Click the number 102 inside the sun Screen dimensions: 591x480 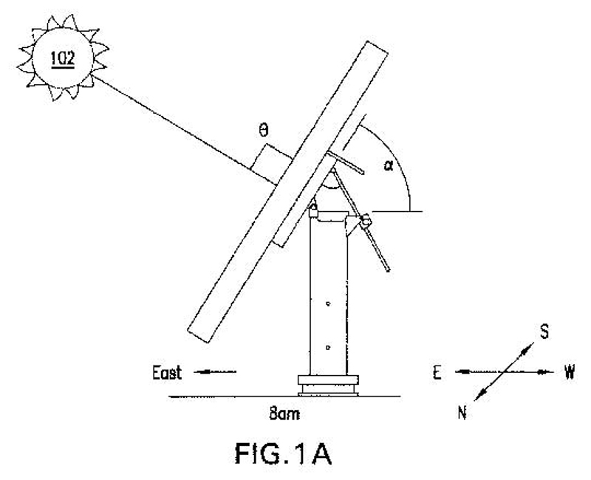coord(63,58)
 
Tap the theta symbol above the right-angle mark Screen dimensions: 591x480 coord(264,131)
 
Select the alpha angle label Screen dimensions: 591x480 coord(389,165)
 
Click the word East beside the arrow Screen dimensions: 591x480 coord(167,373)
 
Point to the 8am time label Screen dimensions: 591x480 coord(284,414)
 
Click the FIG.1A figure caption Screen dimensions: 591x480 coord(283,454)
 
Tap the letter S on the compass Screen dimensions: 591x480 coord(544,332)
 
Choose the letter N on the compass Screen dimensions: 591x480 coord(462,413)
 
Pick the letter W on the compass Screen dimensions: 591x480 coord(569,372)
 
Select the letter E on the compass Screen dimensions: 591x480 coord(437,373)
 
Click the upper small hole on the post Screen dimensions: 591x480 coord(328,304)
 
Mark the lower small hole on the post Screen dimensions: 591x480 coord(328,347)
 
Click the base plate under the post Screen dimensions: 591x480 coord(328,385)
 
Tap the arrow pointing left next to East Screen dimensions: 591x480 coord(215,372)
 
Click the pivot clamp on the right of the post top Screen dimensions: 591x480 coord(365,221)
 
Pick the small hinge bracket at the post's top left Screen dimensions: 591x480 coord(313,210)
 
